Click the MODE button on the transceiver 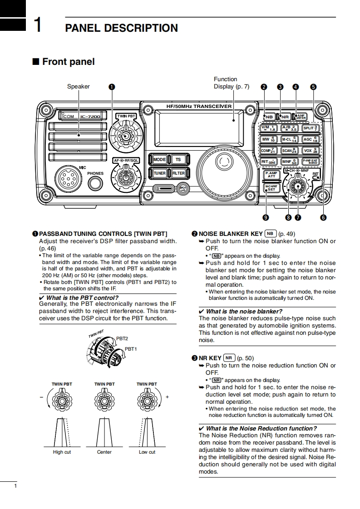tap(159, 160)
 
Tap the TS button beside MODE tap(178, 160)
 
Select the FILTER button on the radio tap(178, 173)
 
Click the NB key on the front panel tap(269, 117)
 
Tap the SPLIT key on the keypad tap(311, 128)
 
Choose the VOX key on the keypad tap(311, 151)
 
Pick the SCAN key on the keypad tap(289, 151)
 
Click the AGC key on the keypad tap(311, 139)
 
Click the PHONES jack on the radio tap(95, 183)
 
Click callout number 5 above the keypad tap(313, 87)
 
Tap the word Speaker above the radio tap(79, 87)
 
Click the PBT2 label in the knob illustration tap(122, 338)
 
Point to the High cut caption tap(62, 452)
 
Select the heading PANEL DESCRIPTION tap(121, 28)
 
